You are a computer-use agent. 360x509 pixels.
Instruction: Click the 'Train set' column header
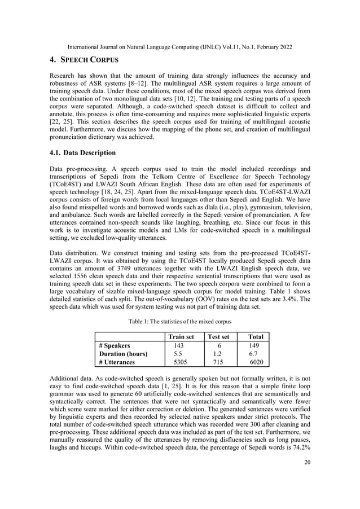coord(178,337)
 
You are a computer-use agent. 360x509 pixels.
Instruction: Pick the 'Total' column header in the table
coord(254,337)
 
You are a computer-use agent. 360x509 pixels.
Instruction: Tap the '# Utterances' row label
coord(118,363)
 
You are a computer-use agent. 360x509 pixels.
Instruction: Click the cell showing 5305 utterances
coord(178,363)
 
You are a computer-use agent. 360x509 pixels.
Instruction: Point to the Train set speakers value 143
coord(178,345)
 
